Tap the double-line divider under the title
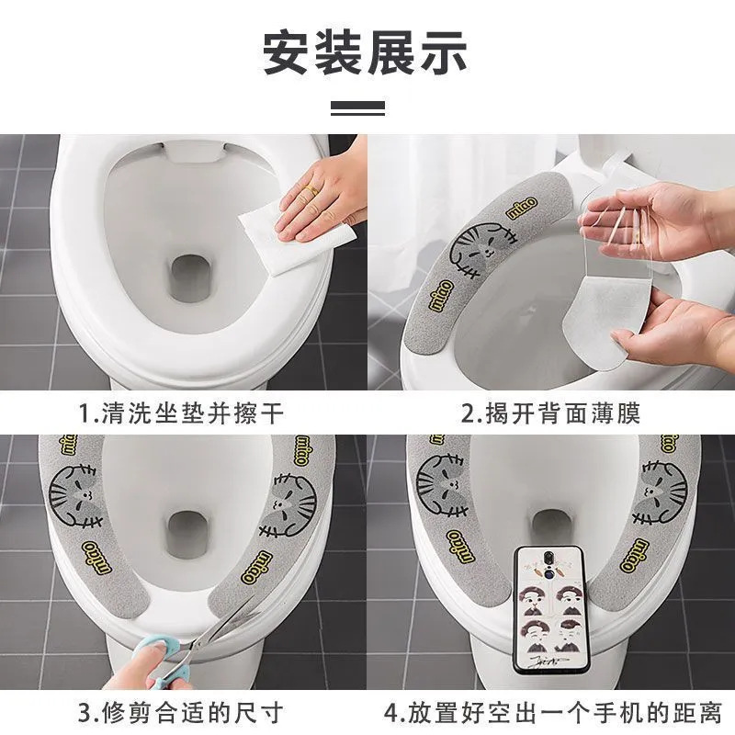pyautogui.click(x=357, y=108)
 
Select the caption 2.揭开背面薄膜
pyautogui.click(x=550, y=413)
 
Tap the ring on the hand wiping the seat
pyautogui.click(x=311, y=191)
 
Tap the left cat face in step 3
pyautogui.click(x=74, y=496)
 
